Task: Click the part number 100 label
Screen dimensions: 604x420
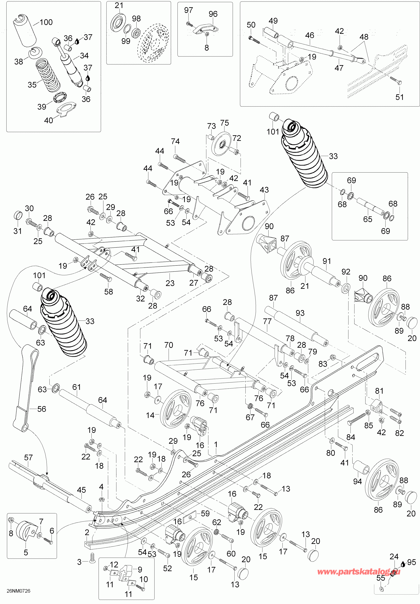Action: [x=46, y=22]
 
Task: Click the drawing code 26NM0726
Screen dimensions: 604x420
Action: [x=18, y=591]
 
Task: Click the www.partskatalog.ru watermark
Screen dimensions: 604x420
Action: [x=358, y=572]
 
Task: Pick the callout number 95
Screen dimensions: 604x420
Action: [x=411, y=562]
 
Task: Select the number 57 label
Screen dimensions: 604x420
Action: [x=28, y=458]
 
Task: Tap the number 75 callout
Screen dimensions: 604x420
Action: [x=224, y=123]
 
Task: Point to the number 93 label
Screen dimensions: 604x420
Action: [x=300, y=313]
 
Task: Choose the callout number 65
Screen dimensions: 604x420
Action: [x=368, y=219]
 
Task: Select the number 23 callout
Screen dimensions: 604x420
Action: [x=170, y=283]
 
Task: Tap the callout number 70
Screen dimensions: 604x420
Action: [x=168, y=345]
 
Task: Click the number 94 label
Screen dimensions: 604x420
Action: [x=357, y=481]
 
